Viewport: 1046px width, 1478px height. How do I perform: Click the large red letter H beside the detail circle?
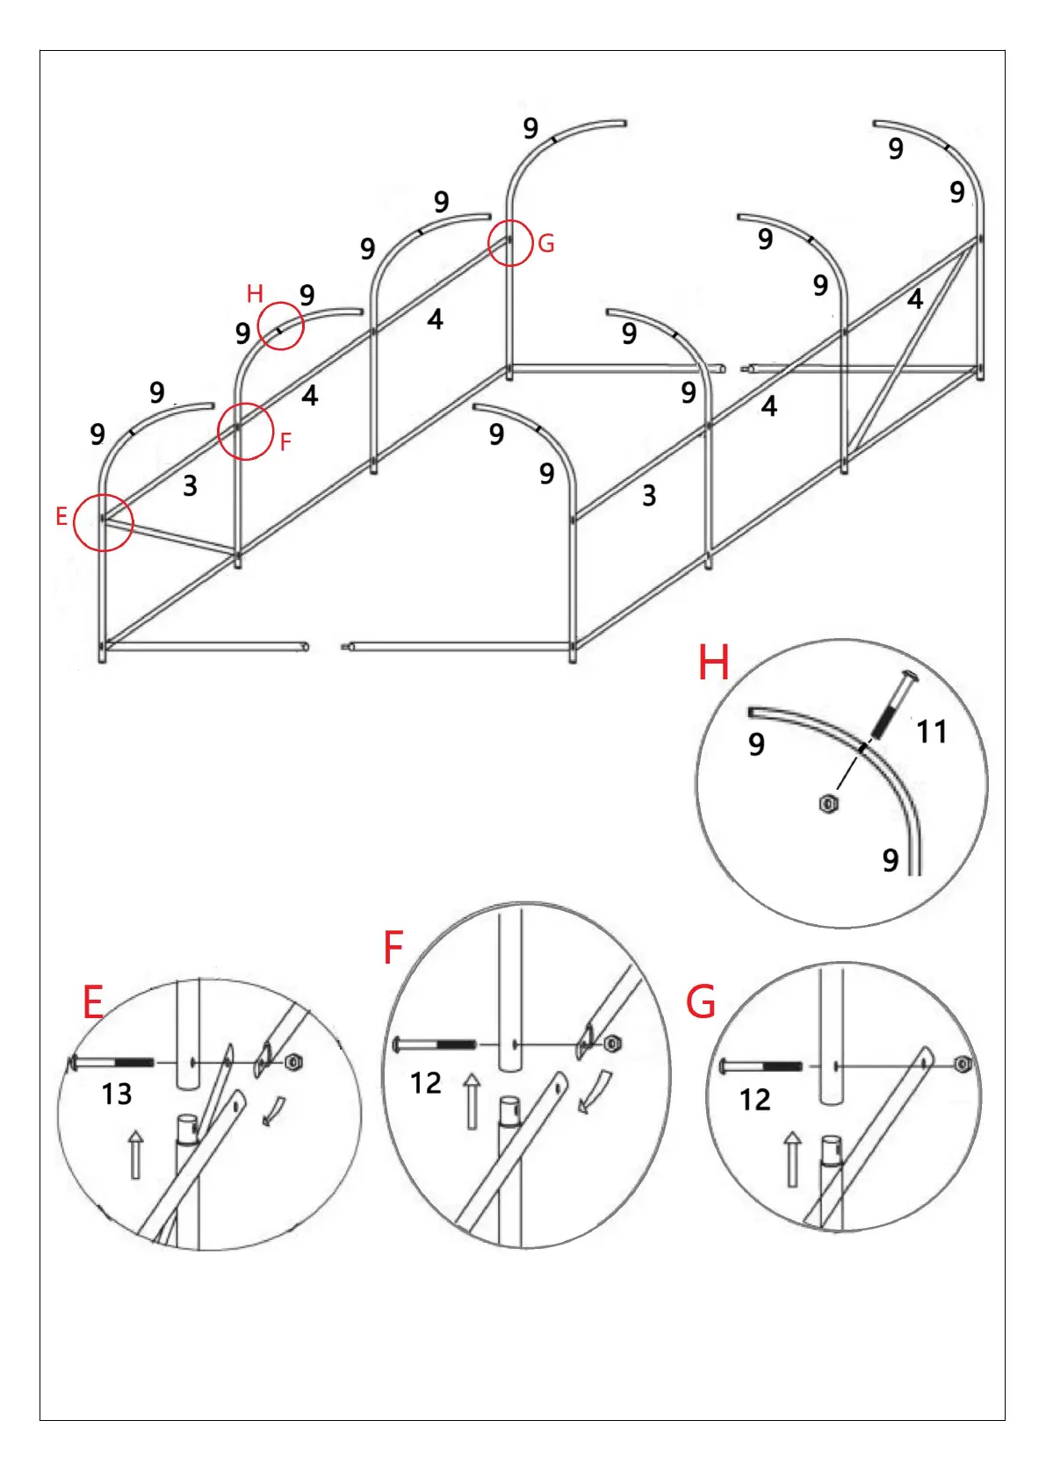click(713, 663)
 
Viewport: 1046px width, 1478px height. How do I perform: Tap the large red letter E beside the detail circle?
click(93, 1002)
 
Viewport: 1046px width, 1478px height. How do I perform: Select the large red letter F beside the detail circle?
click(393, 948)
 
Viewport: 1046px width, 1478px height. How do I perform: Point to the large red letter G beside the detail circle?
click(701, 1002)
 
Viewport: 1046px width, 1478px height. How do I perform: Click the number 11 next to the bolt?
click(931, 732)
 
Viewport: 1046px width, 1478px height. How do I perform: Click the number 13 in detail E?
click(117, 1094)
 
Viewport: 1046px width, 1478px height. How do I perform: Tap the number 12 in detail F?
click(426, 1083)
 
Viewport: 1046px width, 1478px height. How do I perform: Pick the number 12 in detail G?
click(754, 1100)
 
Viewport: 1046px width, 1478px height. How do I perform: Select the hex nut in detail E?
click(294, 1063)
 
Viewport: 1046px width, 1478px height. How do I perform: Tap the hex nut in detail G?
click(963, 1065)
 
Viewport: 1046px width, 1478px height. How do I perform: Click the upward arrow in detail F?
click(473, 1101)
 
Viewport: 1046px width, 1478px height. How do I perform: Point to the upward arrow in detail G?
click(792, 1159)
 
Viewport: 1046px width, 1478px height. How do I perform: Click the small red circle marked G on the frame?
click(510, 242)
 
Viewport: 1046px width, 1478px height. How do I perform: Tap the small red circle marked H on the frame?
click(281, 326)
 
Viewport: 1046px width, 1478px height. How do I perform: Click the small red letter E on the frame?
click(61, 516)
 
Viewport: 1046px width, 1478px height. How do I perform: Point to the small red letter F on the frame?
click(285, 441)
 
